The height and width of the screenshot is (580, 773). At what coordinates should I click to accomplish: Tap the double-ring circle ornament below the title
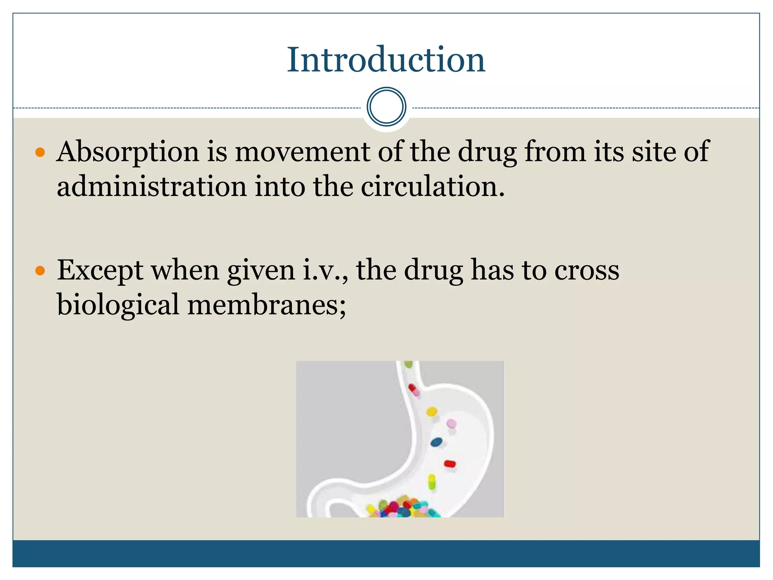[386, 107]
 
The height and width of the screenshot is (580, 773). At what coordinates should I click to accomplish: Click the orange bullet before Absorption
[40, 153]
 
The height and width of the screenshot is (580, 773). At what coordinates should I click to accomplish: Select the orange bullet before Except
[40, 271]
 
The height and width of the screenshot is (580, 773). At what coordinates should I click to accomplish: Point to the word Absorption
[128, 152]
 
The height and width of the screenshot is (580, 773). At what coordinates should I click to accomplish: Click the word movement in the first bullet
[302, 152]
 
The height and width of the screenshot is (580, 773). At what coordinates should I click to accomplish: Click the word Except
[100, 271]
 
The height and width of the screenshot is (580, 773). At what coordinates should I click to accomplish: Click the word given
[261, 271]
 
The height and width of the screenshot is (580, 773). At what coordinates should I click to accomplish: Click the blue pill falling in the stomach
[436, 442]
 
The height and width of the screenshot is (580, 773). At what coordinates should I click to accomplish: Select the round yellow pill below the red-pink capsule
[431, 412]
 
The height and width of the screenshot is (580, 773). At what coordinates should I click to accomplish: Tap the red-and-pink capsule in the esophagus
[414, 390]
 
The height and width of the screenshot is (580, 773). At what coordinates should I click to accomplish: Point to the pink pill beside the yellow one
[451, 424]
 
